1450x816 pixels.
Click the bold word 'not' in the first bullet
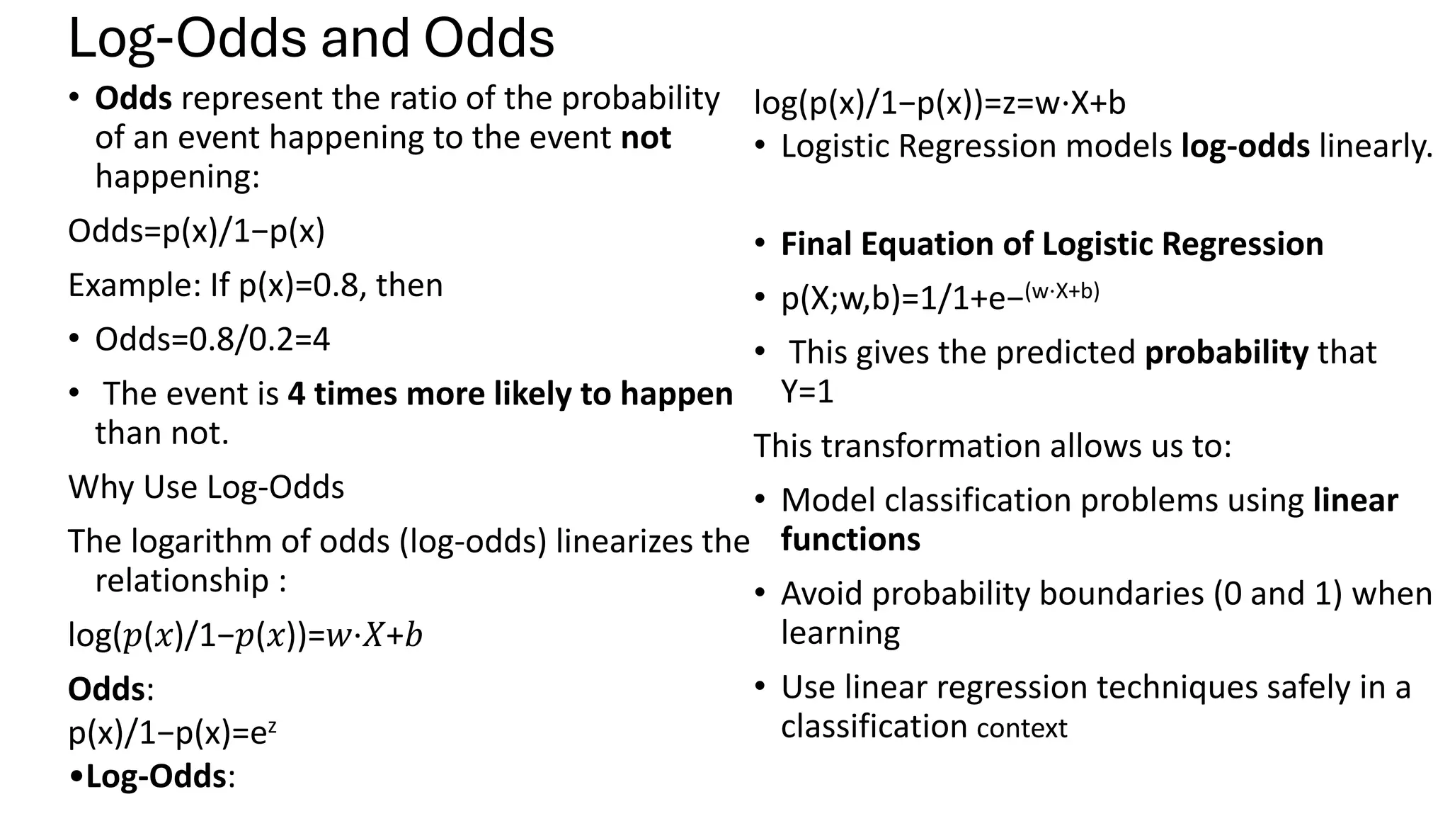645,137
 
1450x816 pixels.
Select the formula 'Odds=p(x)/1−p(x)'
196,231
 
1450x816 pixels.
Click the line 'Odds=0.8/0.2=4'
212,339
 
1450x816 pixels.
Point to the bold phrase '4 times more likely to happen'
510,394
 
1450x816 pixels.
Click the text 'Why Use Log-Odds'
206,487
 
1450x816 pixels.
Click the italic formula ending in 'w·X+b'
245,635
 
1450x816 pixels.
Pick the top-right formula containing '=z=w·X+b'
940,103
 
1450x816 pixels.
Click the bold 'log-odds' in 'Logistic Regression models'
1245,147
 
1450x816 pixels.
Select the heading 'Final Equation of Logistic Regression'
1051,244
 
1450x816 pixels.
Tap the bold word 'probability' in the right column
1226,353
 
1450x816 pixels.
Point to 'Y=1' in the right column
807,392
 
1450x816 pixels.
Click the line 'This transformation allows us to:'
993,446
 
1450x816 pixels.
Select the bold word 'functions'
850,540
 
